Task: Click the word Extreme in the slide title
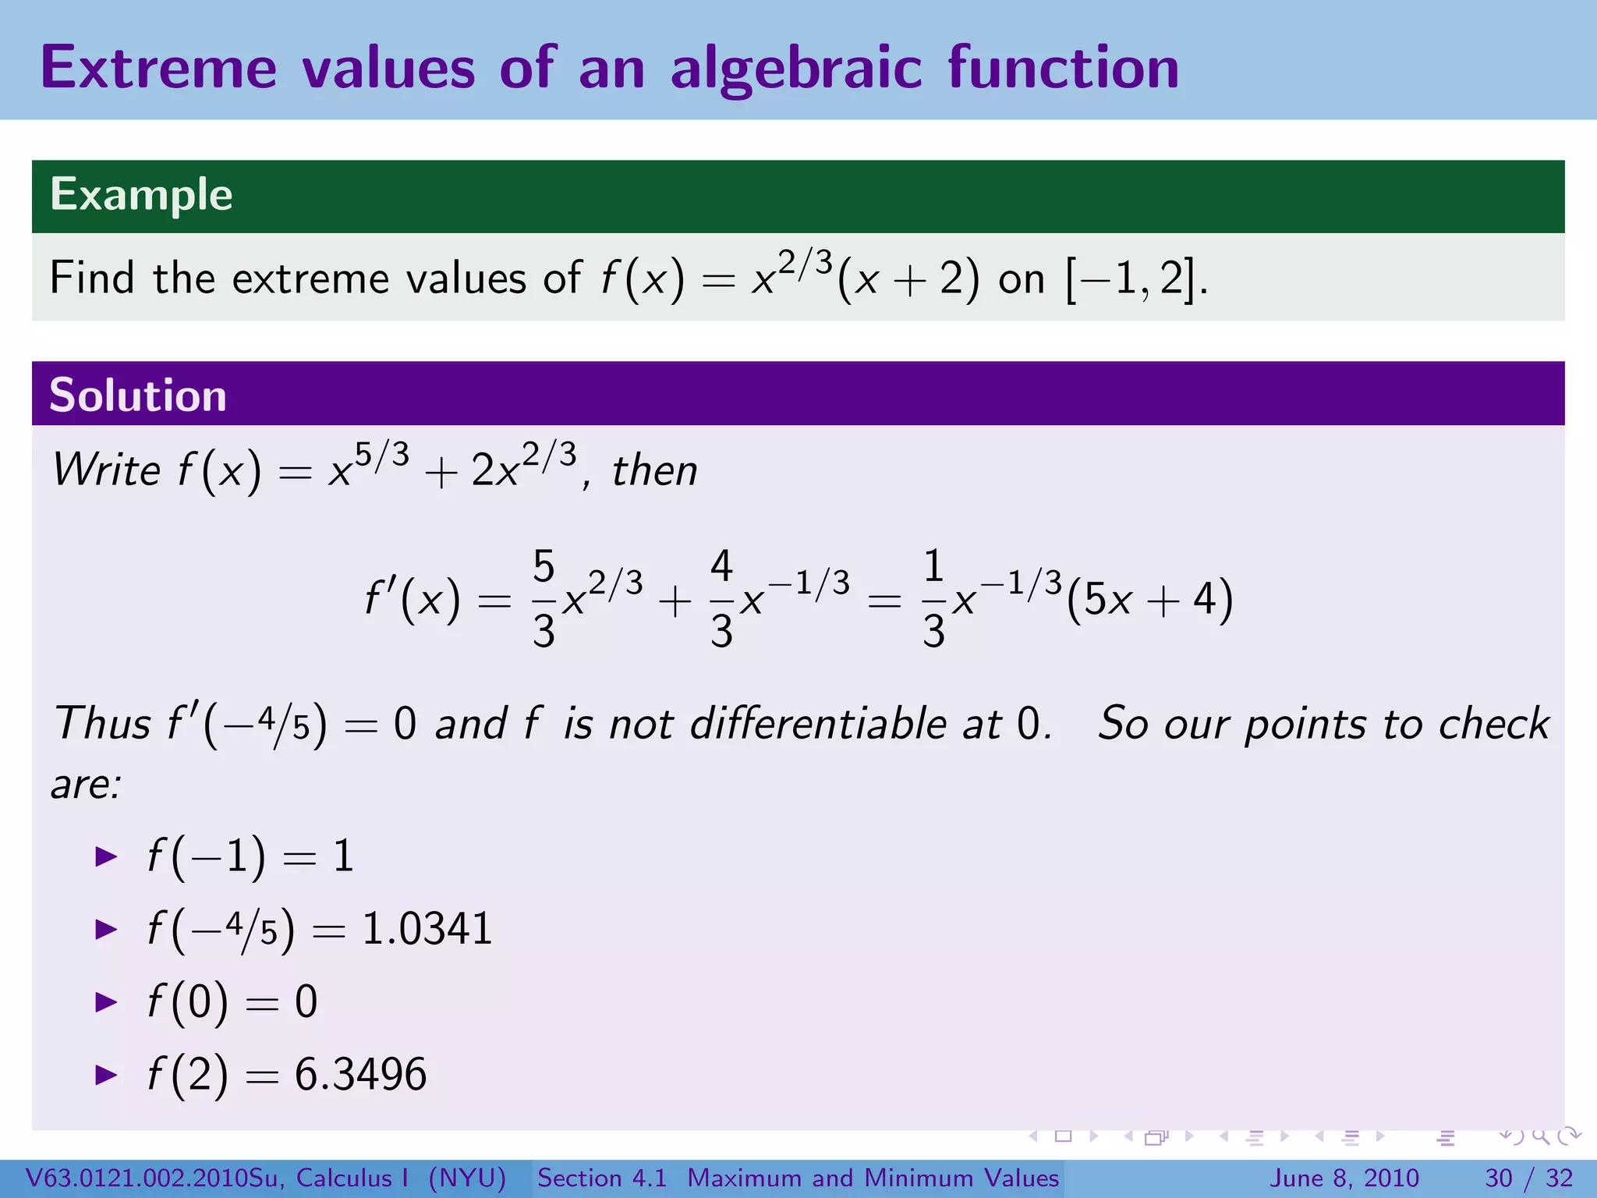[158, 68]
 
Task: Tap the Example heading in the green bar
[141, 194]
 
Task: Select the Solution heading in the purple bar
[138, 395]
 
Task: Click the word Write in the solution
[106, 470]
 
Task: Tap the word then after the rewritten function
[654, 471]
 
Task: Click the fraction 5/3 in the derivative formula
[544, 599]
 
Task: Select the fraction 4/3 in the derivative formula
[721, 599]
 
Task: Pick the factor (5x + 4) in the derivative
[1149, 601]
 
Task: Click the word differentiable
[818, 723]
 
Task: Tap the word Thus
[101, 723]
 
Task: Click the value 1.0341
[427, 929]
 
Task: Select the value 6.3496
[360, 1074]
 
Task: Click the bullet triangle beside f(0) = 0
[105, 1002]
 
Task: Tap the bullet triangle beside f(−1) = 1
[105, 857]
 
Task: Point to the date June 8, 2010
[1345, 1178]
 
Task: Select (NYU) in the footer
[467, 1178]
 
